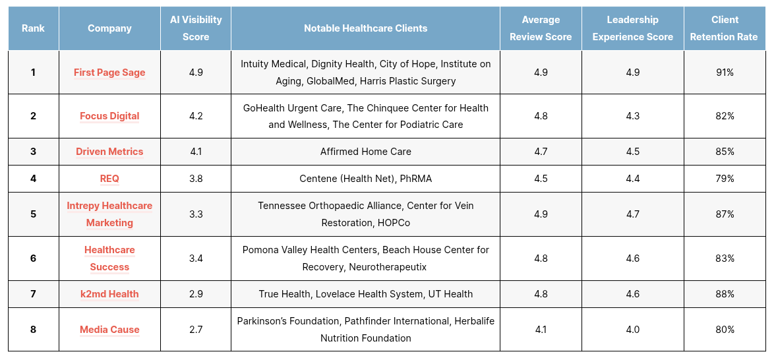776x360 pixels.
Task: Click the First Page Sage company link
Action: (109, 73)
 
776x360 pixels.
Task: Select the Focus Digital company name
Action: (109, 116)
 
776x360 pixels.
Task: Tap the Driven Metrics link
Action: (109, 152)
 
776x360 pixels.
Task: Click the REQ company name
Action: (109, 178)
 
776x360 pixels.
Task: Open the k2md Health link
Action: (109, 293)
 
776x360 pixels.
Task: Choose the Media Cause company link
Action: (109, 329)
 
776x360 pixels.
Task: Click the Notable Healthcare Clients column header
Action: (365, 28)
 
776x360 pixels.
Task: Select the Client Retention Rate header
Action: (724, 28)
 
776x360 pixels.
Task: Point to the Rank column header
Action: (33, 28)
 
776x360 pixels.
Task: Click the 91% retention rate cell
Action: (725, 73)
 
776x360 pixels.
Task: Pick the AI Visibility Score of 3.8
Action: (196, 178)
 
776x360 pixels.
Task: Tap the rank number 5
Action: (33, 214)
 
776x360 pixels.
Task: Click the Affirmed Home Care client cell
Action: (365, 152)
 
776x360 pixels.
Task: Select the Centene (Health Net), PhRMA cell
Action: (365, 178)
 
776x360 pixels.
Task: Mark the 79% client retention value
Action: (725, 178)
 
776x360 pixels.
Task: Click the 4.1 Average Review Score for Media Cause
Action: (541, 329)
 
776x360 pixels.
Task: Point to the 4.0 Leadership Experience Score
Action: (632, 329)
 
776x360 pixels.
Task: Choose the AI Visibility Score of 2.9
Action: (196, 293)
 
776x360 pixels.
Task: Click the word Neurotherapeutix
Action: (388, 267)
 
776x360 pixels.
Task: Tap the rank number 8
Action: (33, 329)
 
